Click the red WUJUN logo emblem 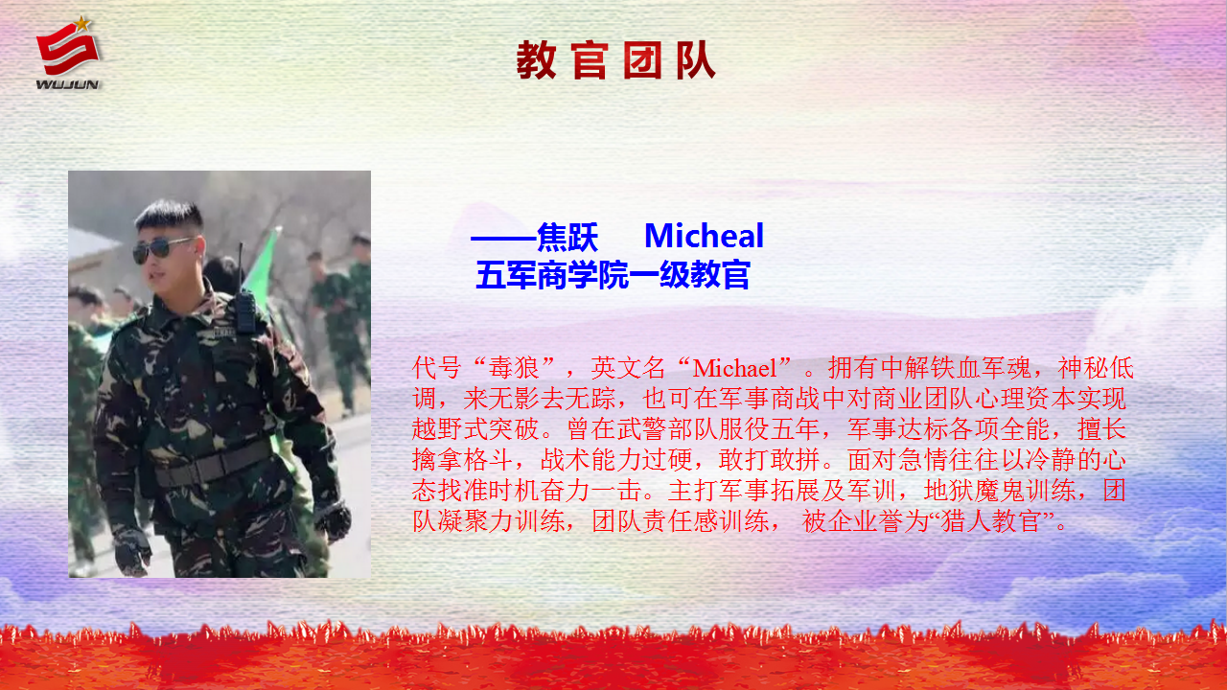click(x=68, y=49)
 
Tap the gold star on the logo click(x=82, y=24)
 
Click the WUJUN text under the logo click(x=67, y=84)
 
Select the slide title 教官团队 click(x=615, y=60)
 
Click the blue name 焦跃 click(x=567, y=237)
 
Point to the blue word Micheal click(x=704, y=236)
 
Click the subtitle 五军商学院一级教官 click(x=613, y=275)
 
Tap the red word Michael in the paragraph click(x=734, y=368)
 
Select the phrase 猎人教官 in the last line click(x=991, y=520)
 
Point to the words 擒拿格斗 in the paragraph click(x=463, y=459)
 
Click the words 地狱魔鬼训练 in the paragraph click(x=1000, y=490)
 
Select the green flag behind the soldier click(x=263, y=268)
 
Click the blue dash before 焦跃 click(x=503, y=239)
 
